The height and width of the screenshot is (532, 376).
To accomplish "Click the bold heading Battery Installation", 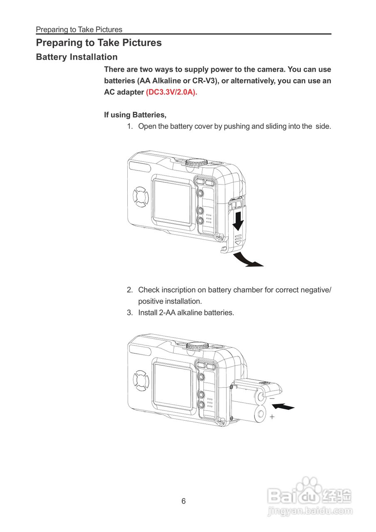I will pyautogui.click(x=77, y=57).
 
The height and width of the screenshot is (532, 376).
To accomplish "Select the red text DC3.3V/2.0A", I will pyautogui.click(x=171, y=92).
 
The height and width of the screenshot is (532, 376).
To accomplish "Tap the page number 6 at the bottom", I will pyautogui.click(x=183, y=501).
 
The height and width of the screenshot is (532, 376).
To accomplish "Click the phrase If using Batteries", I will pyautogui.click(x=135, y=115).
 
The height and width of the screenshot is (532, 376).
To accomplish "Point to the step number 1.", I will pyautogui.click(x=129, y=126).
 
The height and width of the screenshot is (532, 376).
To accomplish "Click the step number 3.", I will pyautogui.click(x=129, y=313).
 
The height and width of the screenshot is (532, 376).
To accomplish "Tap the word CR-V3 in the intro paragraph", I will pyautogui.click(x=205, y=81).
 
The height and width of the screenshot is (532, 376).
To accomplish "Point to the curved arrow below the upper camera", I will pyautogui.click(x=248, y=260).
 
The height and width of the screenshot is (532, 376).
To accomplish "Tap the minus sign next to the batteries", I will pyautogui.click(x=272, y=398).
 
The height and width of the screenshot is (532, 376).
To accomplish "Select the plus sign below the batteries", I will pyautogui.click(x=272, y=416).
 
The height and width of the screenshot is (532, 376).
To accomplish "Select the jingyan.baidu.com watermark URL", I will pyautogui.click(x=309, y=511).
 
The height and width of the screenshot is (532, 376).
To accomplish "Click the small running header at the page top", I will pyautogui.click(x=79, y=30).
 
